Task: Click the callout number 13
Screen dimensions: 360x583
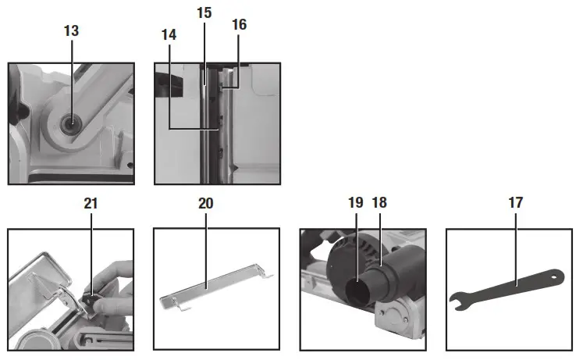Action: click(x=71, y=31)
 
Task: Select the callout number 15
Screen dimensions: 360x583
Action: click(x=204, y=14)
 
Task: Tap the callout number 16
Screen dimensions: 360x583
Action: click(x=240, y=24)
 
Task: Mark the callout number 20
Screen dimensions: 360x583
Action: click(x=206, y=203)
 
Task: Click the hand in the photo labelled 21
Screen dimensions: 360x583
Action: click(x=117, y=277)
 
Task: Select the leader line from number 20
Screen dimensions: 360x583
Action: click(x=206, y=250)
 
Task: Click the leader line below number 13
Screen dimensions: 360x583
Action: click(x=71, y=78)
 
